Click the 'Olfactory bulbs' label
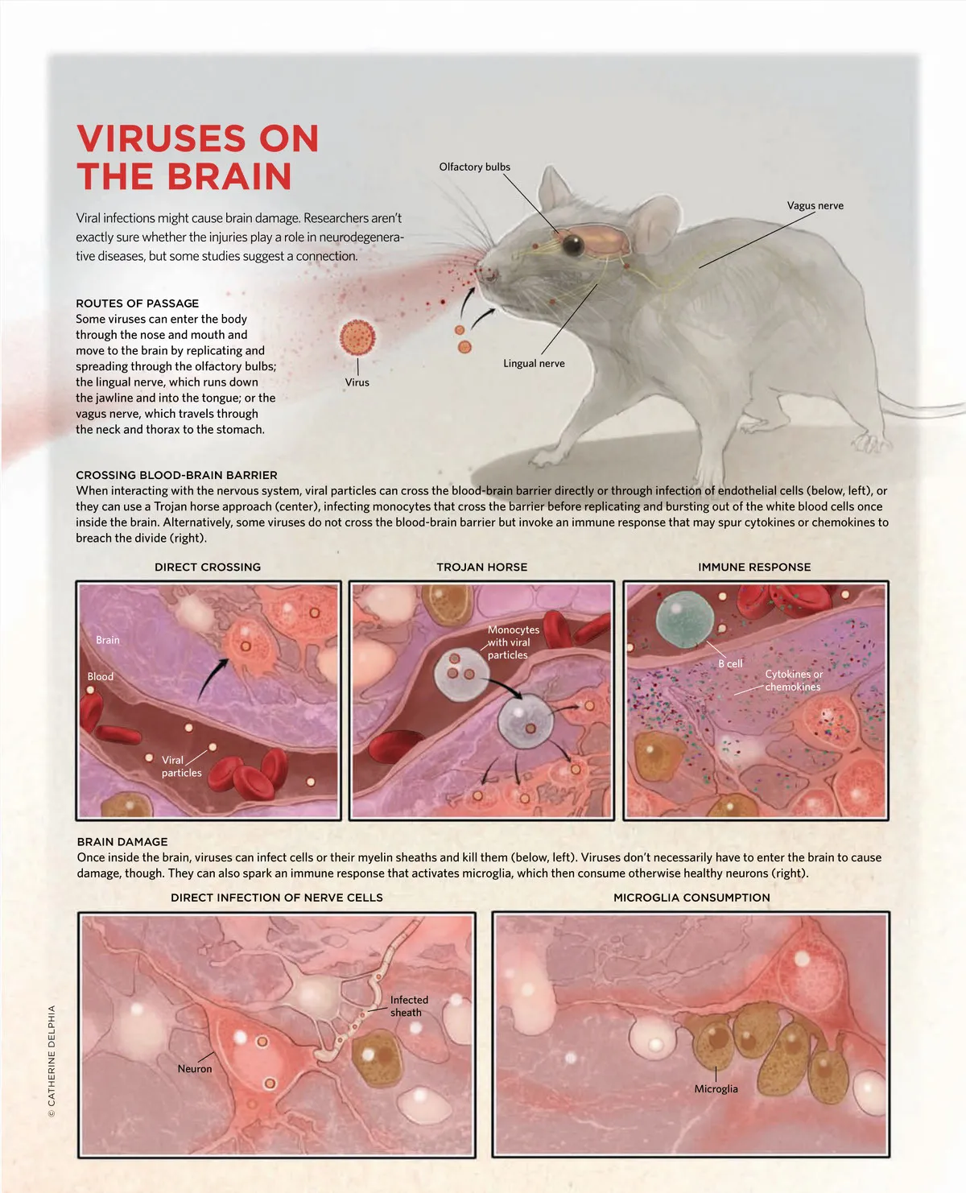coord(474,167)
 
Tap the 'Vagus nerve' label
coord(815,205)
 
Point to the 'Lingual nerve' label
coord(534,363)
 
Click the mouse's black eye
coord(572,244)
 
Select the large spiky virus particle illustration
coord(357,337)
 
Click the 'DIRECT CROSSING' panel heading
coord(208,567)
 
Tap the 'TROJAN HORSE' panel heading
coord(481,567)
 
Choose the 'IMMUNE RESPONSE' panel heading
coord(754,567)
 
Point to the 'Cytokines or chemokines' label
coord(794,680)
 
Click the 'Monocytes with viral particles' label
coord(513,642)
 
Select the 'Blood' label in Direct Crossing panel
coord(101,676)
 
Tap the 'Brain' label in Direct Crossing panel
coord(107,640)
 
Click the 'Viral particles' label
coord(181,766)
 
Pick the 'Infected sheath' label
coord(409,1006)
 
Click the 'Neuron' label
coord(195,1068)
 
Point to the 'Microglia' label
coord(716,1088)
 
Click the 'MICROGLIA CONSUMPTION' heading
coord(691,897)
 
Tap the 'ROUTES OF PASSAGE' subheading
coord(137,303)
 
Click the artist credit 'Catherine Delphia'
coord(52,1061)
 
